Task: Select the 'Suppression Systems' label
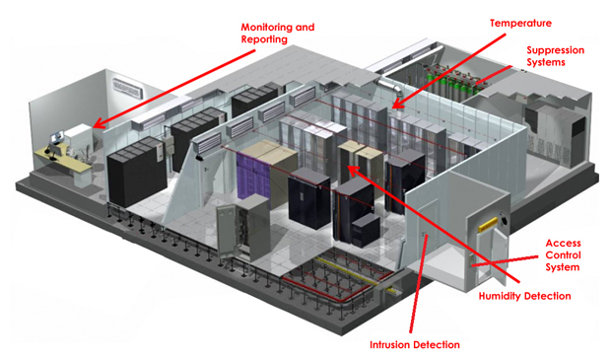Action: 555,55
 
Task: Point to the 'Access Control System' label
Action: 563,254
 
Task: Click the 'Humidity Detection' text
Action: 524,296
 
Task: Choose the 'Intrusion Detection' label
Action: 415,345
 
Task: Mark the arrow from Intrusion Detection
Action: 419,286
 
